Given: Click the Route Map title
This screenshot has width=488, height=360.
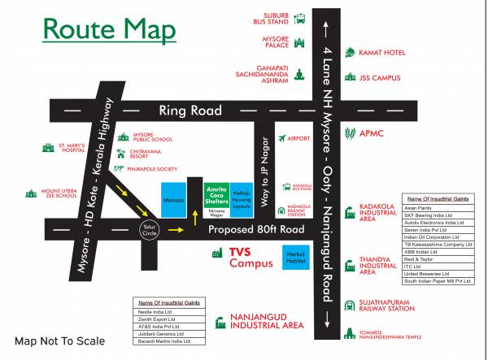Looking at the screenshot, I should tap(108, 29).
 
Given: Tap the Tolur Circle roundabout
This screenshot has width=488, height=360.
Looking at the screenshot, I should tap(148, 230).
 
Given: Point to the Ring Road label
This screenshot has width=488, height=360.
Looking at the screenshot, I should tap(190, 111).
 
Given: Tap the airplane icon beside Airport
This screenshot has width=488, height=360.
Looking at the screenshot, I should tap(281, 138).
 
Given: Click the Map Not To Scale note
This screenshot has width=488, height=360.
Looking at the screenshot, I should tap(59, 340).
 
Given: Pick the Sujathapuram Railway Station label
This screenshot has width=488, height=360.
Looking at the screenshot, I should tap(387, 306).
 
